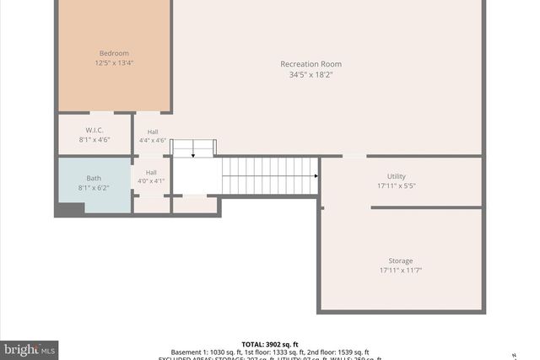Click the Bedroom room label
(114, 53)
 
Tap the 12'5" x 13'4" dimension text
(114, 62)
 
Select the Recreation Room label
(311, 64)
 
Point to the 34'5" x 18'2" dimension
(311, 74)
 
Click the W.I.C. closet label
(94, 130)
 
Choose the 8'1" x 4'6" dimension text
(94, 140)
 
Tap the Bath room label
(94, 178)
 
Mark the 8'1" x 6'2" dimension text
(94, 188)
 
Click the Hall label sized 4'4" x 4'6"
(152, 132)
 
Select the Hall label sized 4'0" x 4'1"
(151, 173)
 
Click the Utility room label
(396, 176)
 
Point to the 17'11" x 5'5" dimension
(396, 186)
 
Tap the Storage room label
(401, 261)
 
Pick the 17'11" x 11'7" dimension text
(401, 271)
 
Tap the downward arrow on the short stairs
(193, 154)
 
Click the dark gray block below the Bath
(69, 209)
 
